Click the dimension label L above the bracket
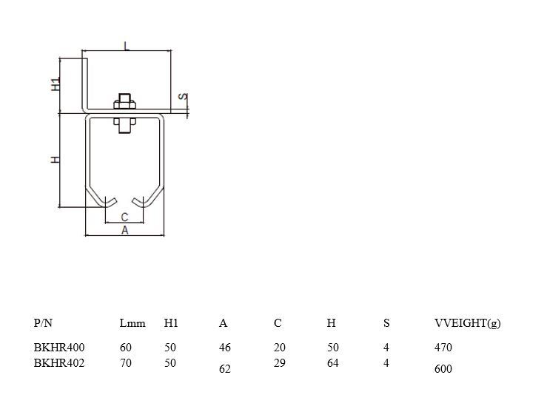[x=127, y=46]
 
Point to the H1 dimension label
[x=56, y=84]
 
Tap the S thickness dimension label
[x=183, y=98]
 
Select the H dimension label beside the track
[x=56, y=160]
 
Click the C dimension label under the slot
[x=124, y=217]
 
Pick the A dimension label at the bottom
[x=124, y=230]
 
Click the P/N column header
[x=44, y=323]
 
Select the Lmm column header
[x=132, y=323]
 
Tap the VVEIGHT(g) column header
[x=467, y=323]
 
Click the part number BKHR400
[x=59, y=347]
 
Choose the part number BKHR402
[x=59, y=363]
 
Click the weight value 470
[x=443, y=347]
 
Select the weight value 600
[x=443, y=368]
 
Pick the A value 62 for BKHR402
[x=225, y=368]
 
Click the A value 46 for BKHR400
[x=225, y=347]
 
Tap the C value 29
[x=279, y=363]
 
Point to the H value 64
[x=332, y=363]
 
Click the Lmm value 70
[x=125, y=363]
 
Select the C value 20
[x=279, y=347]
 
